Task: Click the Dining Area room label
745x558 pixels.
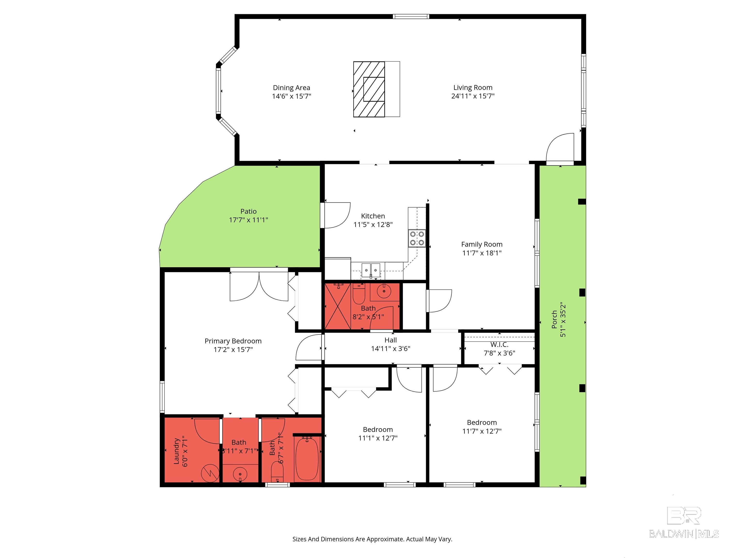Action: click(x=291, y=88)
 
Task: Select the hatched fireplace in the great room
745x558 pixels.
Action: click(x=369, y=89)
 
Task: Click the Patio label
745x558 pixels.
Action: click(x=248, y=211)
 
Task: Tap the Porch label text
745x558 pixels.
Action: click(x=554, y=319)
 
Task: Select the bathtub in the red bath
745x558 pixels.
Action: click(x=307, y=459)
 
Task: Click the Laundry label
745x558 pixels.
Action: click(x=176, y=451)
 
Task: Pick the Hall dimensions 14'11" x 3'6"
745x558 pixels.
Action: click(x=390, y=349)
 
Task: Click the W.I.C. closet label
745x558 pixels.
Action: click(x=499, y=344)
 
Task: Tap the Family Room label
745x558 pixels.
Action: click(x=482, y=245)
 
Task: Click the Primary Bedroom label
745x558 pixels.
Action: click(x=233, y=341)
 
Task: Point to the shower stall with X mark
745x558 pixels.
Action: click(x=338, y=306)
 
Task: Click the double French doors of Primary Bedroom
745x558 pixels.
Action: click(x=259, y=287)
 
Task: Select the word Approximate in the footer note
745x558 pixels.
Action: click(x=384, y=539)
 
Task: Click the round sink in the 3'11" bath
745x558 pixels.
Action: click(x=240, y=474)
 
